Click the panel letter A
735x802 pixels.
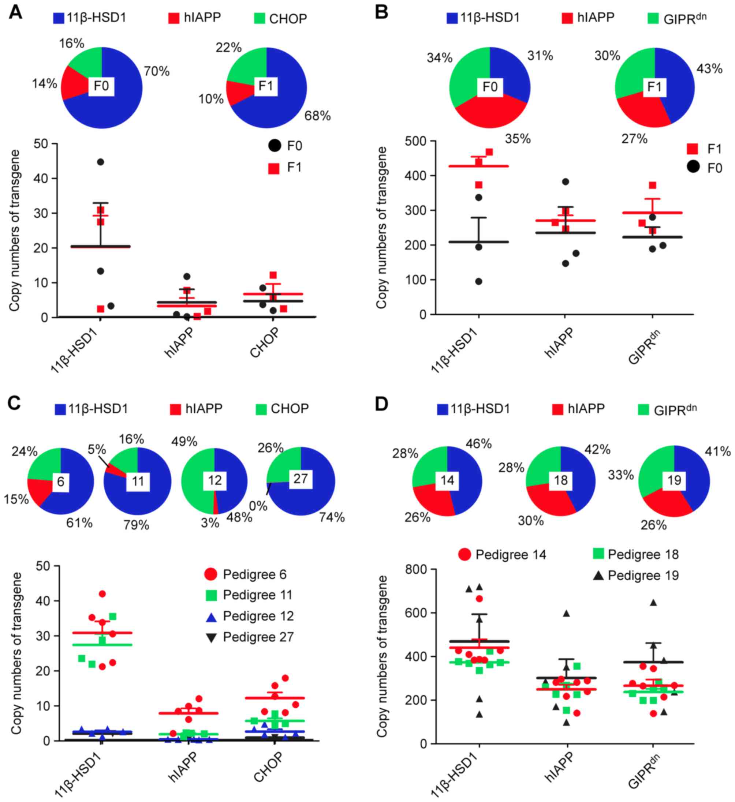tap(15, 12)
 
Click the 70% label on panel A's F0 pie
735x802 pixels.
tap(157, 72)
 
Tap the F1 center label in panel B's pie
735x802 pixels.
tap(654, 86)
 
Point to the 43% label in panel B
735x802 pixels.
tap(709, 69)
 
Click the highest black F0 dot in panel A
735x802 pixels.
tap(100, 162)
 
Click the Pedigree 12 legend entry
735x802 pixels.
tap(258, 616)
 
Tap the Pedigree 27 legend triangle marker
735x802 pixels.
tap(211, 637)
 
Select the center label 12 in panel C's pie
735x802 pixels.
tap(215, 480)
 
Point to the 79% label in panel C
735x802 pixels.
tap(136, 525)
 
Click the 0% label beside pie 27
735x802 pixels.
tap(258, 506)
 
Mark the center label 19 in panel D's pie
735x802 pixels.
tap(674, 480)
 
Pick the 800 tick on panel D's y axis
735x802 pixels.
tap(416, 570)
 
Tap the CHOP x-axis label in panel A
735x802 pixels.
tap(265, 343)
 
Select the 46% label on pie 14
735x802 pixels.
tap(479, 443)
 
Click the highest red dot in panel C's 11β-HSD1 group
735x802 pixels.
tap(102, 594)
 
